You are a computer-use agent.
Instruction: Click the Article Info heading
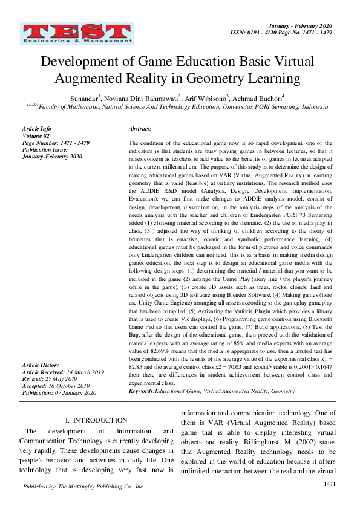click(36, 129)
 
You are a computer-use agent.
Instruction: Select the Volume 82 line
click(36, 135)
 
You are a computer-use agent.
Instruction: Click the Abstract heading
click(140, 129)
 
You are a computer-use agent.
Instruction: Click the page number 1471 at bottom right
click(330, 484)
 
